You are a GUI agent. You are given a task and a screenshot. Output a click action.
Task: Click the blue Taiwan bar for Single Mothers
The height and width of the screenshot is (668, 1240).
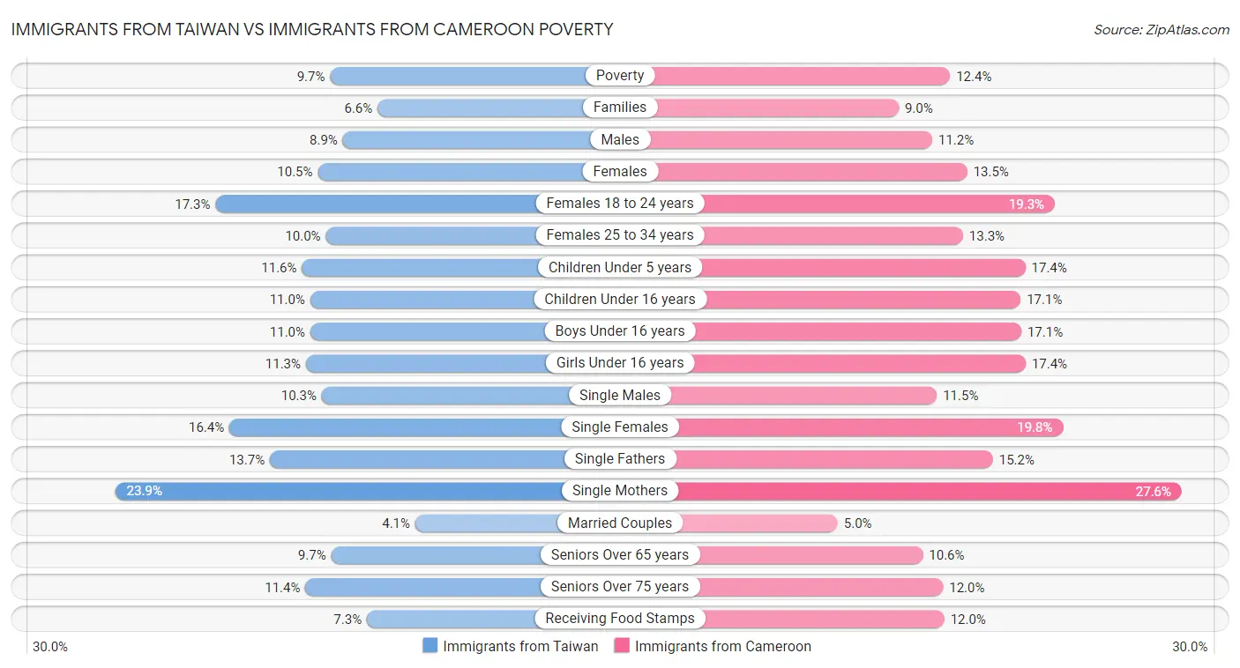pos(353,491)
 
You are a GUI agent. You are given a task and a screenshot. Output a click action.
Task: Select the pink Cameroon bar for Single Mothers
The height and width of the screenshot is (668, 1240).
pos(900,491)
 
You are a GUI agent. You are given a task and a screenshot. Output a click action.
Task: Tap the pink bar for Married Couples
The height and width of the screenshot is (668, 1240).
pos(758,523)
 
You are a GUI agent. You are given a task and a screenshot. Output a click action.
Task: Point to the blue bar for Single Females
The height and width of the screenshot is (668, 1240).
pos(397,427)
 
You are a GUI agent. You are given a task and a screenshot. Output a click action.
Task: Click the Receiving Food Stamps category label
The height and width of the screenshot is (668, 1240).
pos(620,619)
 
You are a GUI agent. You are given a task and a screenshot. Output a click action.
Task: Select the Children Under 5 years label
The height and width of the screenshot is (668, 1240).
pos(620,267)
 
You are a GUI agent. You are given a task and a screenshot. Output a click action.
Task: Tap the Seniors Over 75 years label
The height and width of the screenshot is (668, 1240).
pos(620,587)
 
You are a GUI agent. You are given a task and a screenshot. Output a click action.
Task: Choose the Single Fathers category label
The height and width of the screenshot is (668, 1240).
pos(620,459)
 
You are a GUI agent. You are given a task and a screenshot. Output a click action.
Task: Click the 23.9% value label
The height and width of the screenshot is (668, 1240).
pos(144,491)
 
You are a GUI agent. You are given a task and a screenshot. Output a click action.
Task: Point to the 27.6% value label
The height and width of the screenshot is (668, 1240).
pos(1154,491)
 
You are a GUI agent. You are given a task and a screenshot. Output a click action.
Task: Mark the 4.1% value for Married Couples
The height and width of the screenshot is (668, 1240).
pos(396,523)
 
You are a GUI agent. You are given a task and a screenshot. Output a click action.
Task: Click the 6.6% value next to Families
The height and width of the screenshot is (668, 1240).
pos(358,108)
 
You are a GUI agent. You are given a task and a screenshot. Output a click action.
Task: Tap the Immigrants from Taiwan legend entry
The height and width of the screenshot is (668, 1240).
pos(511,646)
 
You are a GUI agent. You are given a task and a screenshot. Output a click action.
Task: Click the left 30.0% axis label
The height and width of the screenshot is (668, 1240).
pos(50,647)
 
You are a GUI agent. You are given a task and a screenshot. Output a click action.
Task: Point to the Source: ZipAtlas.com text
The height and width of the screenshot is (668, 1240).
pos(1161,30)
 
